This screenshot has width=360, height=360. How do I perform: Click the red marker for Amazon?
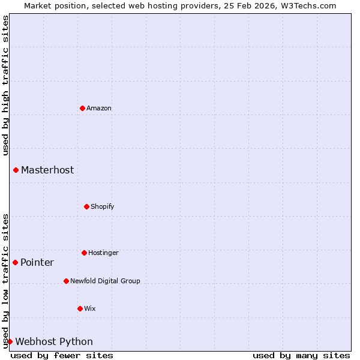82,108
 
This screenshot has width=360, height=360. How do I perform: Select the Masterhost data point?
16,170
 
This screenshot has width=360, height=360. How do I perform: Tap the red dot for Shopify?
86,206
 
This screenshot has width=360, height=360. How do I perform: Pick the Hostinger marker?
84,253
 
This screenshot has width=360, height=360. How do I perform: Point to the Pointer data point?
15,262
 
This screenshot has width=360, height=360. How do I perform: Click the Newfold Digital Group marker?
66,281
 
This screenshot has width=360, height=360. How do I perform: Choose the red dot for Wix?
80,308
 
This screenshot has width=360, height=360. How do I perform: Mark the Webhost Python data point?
10,341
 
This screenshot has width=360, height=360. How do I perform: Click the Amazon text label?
99,108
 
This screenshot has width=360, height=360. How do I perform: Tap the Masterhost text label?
47,170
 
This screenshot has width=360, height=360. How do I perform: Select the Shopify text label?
103,206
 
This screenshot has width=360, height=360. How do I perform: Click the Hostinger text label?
103,253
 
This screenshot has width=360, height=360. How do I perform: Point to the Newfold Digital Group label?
105,281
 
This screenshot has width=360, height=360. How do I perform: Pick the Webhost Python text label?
54,341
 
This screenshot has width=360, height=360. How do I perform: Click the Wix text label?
90,308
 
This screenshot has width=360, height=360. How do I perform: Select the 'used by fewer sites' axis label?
62,355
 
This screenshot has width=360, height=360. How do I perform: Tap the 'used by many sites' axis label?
301,355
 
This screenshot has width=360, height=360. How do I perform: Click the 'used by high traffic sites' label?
5,85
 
